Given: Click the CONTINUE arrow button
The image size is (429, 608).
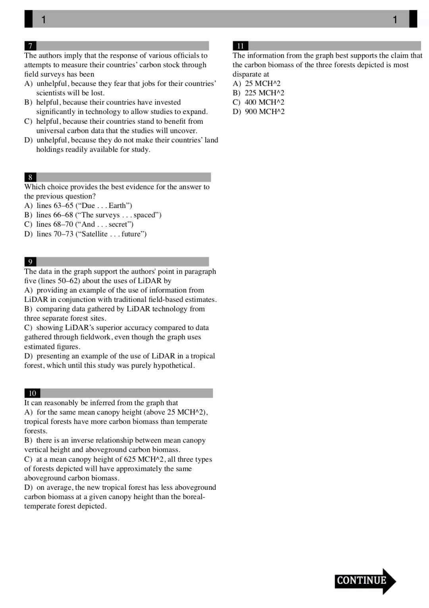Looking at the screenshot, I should coord(365,581).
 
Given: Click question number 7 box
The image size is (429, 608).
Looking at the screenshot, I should coord(30,46).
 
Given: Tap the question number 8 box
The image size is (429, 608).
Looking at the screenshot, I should coord(30,177).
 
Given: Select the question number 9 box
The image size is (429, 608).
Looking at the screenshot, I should coord(30,262).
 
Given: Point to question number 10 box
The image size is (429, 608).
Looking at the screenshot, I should coord(32,393).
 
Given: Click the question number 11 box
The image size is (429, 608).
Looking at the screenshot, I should coord(240,46).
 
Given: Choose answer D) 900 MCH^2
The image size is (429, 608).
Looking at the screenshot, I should coord(259,112).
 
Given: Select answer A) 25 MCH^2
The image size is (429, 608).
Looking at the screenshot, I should coord(257,84).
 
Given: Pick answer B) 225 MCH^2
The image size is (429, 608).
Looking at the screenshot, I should coord(259,93).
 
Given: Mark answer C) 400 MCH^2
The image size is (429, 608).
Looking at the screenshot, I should coord(259,102).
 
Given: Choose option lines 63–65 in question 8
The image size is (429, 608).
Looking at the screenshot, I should coord(78,206).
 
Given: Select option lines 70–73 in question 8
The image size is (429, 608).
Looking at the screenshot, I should coord(85,234).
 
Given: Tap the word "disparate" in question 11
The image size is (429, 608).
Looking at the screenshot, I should coord(247,74).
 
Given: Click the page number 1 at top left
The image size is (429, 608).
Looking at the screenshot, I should coord(44,19).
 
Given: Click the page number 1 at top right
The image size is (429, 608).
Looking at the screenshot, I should coord(395,19).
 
